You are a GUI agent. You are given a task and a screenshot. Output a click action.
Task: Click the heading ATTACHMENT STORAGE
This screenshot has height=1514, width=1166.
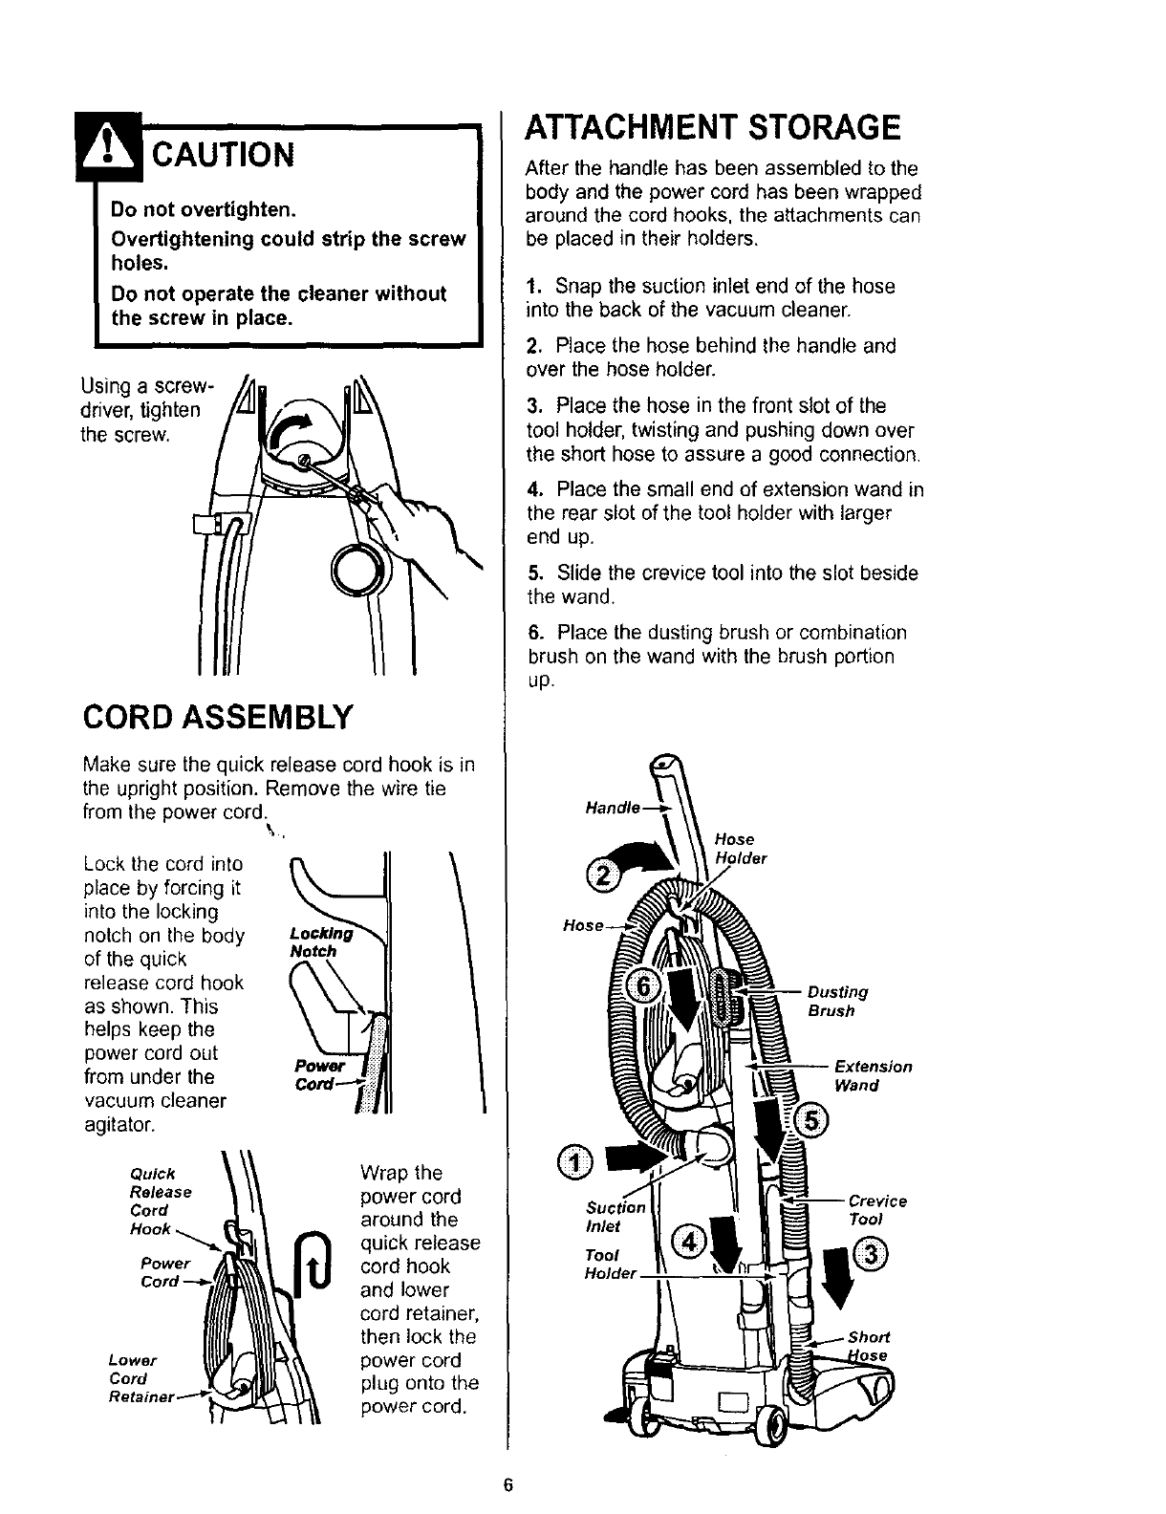[713, 127]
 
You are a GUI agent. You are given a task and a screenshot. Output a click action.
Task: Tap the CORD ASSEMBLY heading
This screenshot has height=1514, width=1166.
[219, 714]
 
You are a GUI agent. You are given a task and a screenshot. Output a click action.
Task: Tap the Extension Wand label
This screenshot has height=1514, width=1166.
[873, 1075]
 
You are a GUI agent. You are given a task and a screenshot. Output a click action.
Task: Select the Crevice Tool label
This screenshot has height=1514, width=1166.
[876, 1210]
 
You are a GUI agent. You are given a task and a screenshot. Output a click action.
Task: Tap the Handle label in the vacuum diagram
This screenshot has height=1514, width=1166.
[612, 808]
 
